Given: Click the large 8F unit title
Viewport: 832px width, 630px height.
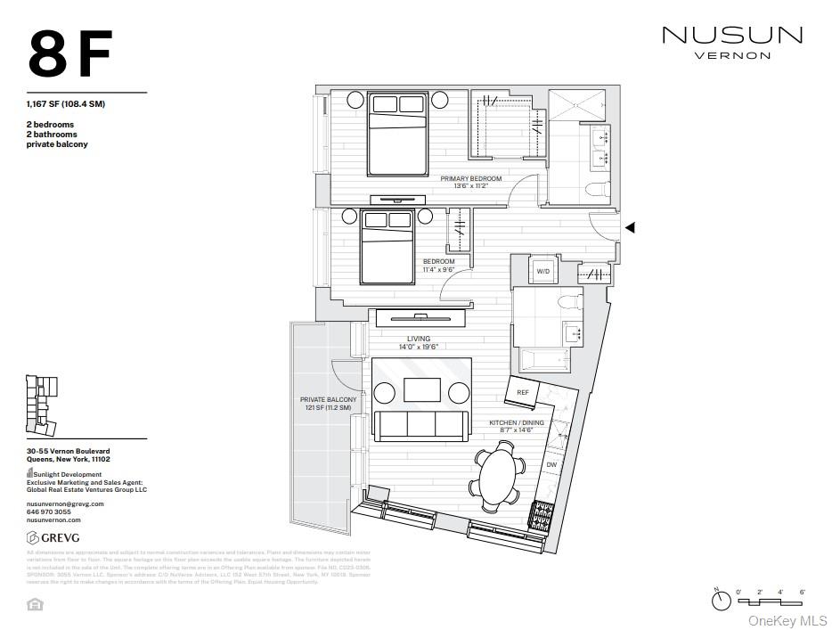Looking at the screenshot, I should pyautogui.click(x=70, y=54).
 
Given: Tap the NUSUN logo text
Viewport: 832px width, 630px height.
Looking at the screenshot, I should pyautogui.click(x=731, y=36).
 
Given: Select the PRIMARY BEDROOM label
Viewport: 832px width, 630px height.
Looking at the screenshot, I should pyautogui.click(x=471, y=179).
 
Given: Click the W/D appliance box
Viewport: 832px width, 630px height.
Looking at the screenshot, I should pyautogui.click(x=542, y=271).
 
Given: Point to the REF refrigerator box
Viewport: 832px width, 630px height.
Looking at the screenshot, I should pyautogui.click(x=523, y=392).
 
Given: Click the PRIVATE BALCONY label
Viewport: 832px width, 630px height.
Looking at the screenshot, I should pyautogui.click(x=328, y=400).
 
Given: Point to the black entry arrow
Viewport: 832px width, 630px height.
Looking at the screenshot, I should pyautogui.click(x=630, y=228).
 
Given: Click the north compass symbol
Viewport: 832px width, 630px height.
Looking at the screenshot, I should pyautogui.click(x=721, y=601).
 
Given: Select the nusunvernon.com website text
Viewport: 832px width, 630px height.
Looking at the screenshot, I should pyautogui.click(x=53, y=520).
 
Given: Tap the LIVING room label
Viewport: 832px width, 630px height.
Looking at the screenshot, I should pyautogui.click(x=419, y=339).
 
